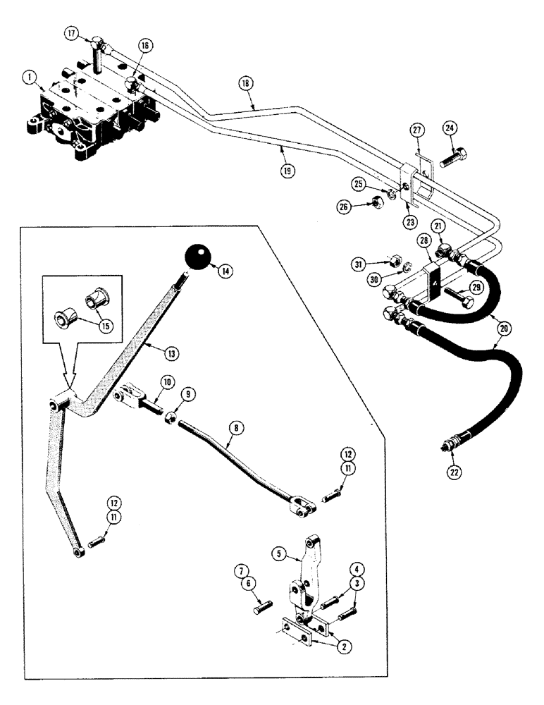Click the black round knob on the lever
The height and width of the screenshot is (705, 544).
199,258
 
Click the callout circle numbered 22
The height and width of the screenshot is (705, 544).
453,472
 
